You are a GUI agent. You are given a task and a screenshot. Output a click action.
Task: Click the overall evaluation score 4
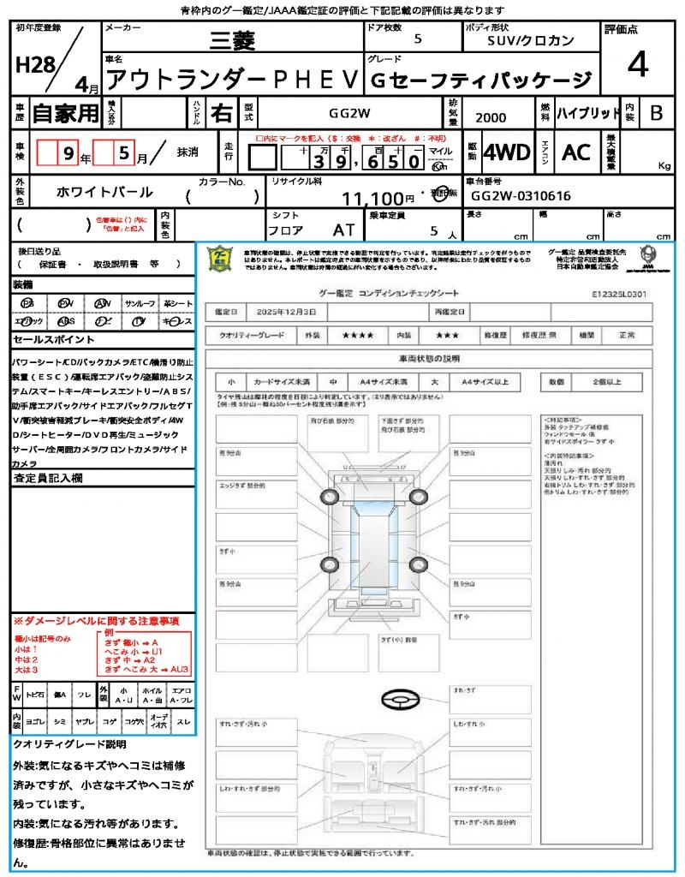[x=637, y=65]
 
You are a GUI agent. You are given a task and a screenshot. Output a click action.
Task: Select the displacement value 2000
[x=491, y=117]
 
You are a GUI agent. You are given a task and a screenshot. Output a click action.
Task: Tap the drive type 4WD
[x=506, y=152]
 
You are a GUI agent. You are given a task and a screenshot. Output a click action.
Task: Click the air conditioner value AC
[x=576, y=152]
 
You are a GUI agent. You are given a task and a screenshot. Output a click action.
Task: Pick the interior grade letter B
[x=656, y=113]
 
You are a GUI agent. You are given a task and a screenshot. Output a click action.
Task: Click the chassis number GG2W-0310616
[x=521, y=196]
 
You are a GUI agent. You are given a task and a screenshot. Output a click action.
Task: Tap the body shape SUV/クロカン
[x=531, y=39]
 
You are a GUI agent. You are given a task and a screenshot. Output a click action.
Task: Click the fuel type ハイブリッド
[x=588, y=113]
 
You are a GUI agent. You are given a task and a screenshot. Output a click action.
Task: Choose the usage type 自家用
[x=66, y=113]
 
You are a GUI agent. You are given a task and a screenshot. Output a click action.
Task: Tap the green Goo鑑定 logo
[x=220, y=260]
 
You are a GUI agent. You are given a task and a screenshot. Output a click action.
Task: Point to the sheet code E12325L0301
[x=618, y=294]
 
